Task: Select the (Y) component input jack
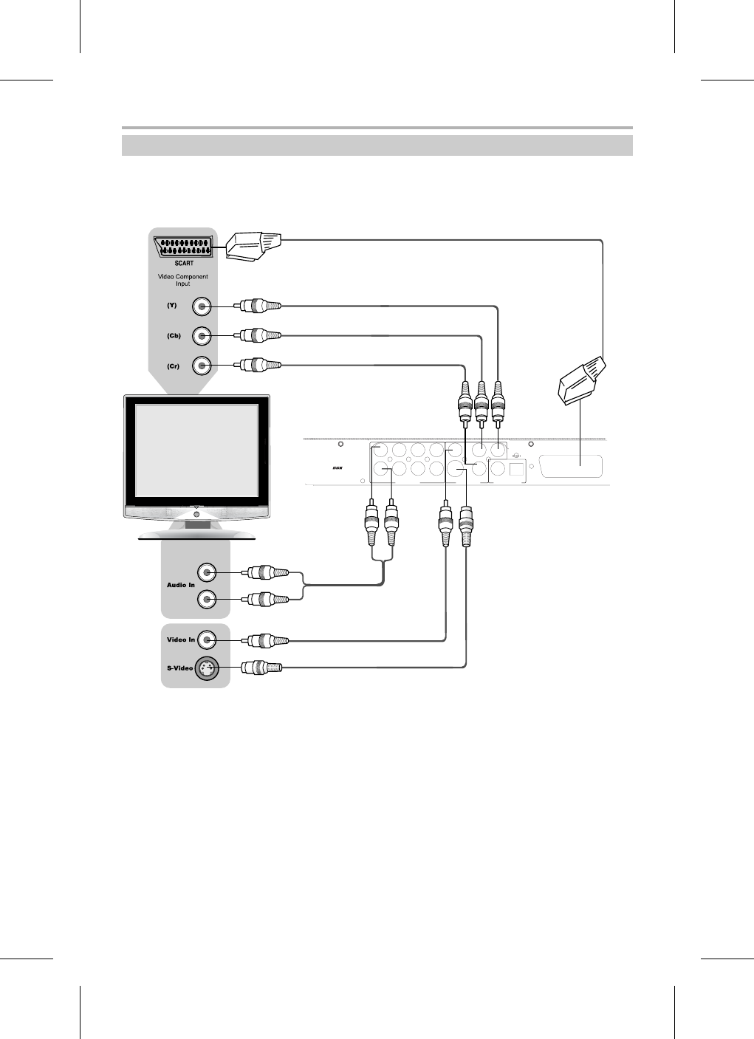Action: click(202, 306)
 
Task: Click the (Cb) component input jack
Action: click(202, 336)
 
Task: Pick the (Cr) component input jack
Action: click(202, 365)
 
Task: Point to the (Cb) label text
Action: click(174, 336)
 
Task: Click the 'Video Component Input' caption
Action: click(182, 280)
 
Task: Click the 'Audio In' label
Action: click(181, 585)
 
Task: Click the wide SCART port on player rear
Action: click(571, 467)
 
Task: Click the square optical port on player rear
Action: click(517, 467)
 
